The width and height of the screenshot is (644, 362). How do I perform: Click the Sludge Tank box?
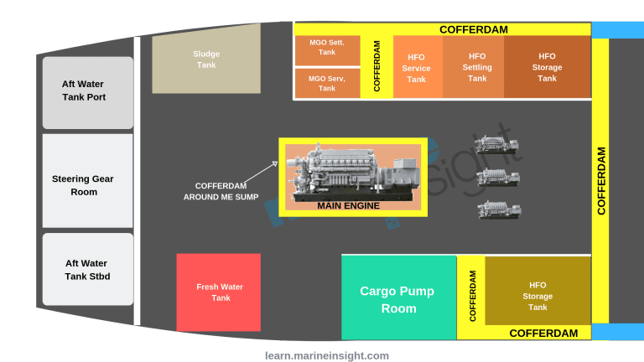tap(206, 59)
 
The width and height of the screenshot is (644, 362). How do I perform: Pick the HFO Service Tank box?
tap(417, 68)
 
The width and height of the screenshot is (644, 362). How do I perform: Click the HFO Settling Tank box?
tap(477, 67)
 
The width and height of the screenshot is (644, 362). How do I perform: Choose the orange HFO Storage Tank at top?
tap(547, 67)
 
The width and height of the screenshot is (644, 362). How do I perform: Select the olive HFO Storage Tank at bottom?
tap(538, 296)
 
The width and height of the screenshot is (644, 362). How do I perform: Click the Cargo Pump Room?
tap(398, 298)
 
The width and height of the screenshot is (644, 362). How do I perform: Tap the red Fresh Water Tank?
tap(219, 292)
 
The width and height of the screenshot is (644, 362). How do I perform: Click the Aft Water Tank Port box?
tap(87, 91)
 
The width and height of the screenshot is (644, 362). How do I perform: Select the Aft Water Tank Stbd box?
tap(87, 269)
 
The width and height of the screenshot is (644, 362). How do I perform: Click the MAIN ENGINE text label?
tap(348, 205)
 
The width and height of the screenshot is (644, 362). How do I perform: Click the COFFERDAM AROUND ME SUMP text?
tap(221, 192)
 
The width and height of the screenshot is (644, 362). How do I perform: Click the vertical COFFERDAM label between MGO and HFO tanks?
tap(377, 67)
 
